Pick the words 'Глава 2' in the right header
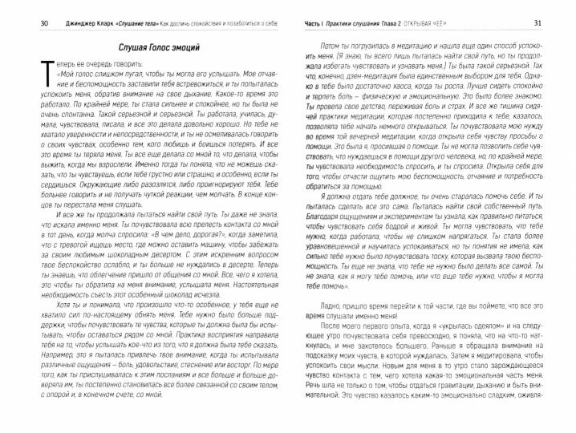pos(397,22)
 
